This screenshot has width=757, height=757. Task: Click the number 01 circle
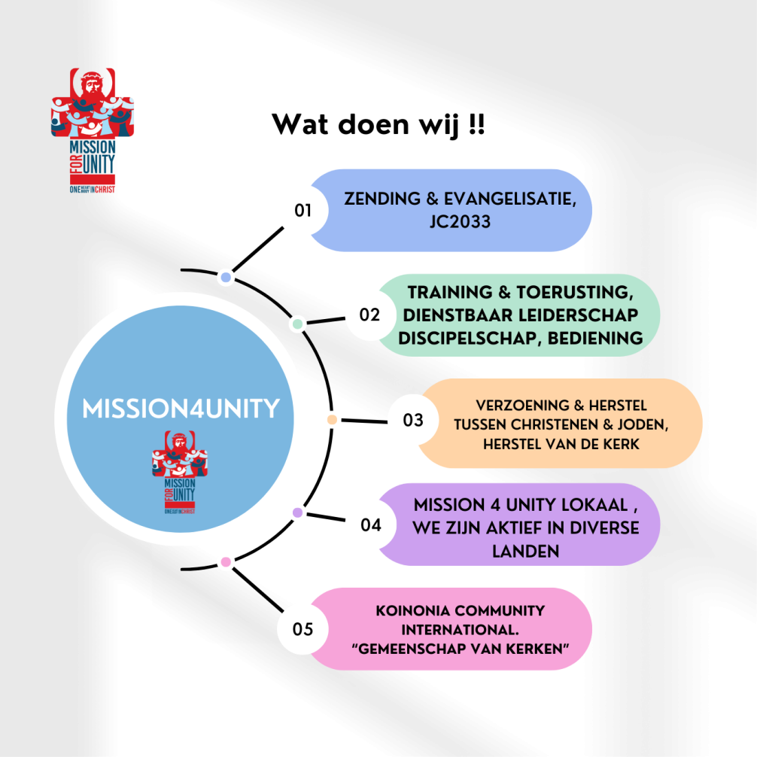[x=303, y=210]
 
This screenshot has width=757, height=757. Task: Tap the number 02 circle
[x=370, y=315]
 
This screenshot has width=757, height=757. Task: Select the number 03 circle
[x=413, y=420]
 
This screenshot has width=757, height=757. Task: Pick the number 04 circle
[x=371, y=524]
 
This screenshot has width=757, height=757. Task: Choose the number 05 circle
[x=303, y=629]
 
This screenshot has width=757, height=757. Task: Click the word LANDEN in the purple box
[x=526, y=550]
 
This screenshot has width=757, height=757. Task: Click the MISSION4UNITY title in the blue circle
[x=181, y=409]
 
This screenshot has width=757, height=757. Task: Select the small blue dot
[x=225, y=278]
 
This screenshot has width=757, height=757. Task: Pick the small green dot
[x=298, y=324]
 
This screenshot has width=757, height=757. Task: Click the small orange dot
[x=332, y=419]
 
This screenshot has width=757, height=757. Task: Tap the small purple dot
[x=298, y=513]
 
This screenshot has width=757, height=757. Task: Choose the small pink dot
[x=226, y=561]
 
